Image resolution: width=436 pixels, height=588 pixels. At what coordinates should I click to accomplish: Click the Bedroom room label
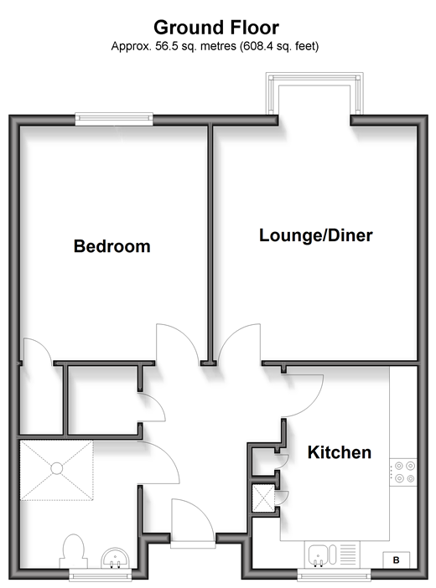pyautogui.click(x=112, y=246)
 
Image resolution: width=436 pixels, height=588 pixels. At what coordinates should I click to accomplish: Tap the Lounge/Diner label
pyautogui.click(x=316, y=235)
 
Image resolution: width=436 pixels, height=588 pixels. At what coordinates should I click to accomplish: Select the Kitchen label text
pyautogui.click(x=340, y=452)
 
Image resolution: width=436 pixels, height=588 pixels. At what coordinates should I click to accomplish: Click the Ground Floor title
pyautogui.click(x=216, y=28)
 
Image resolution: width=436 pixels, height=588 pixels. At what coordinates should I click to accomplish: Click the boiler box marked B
pyautogui.click(x=397, y=560)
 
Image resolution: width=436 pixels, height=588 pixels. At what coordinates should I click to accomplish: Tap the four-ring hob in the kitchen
pyautogui.click(x=403, y=472)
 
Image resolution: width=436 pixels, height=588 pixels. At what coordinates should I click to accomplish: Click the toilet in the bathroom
pyautogui.click(x=73, y=551)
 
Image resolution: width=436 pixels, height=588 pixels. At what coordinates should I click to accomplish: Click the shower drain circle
pyautogui.click(x=57, y=468)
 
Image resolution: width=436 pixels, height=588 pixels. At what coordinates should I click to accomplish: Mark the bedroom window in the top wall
pyautogui.click(x=114, y=119)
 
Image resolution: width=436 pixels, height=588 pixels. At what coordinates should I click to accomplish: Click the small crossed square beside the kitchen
pyautogui.click(x=263, y=498)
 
